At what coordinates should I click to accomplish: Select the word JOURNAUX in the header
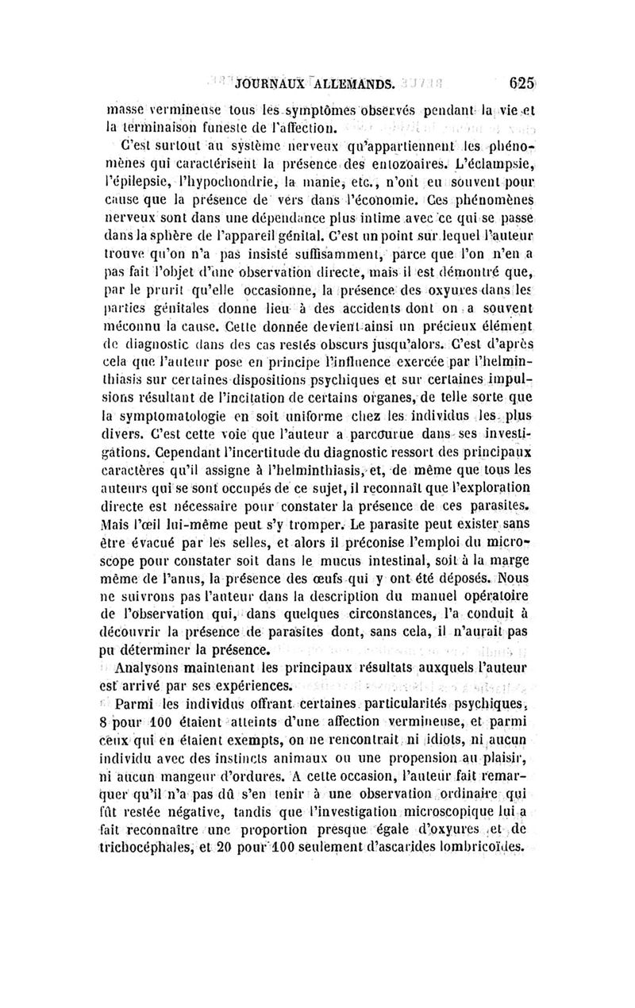[263, 83]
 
